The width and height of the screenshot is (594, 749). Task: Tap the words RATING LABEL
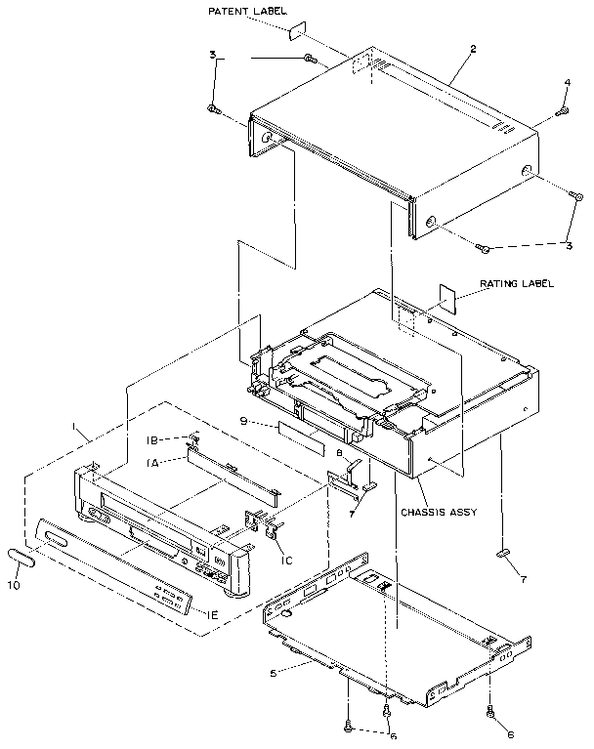pos(516,284)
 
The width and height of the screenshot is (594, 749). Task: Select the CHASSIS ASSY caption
pos(436,512)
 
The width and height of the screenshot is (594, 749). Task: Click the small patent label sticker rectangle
pos(300,31)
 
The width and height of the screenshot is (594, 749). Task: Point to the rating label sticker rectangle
pos(449,297)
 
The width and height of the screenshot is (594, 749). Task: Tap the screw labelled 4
pos(562,112)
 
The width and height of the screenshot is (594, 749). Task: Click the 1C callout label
pos(286,560)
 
